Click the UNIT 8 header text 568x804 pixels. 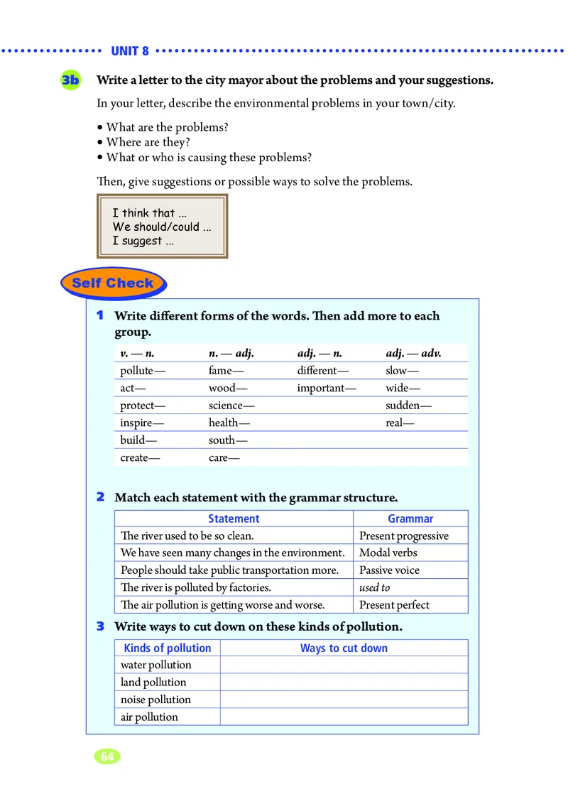click(130, 51)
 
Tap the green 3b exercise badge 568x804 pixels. click(71, 80)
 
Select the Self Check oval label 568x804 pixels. click(113, 283)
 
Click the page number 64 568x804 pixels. click(107, 756)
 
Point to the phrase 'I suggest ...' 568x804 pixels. click(143, 241)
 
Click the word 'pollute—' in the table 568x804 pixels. click(143, 371)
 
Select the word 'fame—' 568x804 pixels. click(226, 371)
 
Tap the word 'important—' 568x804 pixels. click(327, 388)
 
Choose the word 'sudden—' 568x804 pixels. click(408, 406)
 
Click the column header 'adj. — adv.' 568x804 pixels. click(413, 353)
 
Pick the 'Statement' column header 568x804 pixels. click(234, 519)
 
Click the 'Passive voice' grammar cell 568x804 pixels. click(389, 570)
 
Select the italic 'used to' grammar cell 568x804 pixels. click(375, 587)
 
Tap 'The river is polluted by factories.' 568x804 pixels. click(196, 587)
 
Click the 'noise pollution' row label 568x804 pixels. click(155, 700)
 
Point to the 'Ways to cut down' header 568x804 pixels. click(344, 648)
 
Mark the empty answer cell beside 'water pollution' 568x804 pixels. click(344, 665)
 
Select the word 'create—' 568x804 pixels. click(140, 457)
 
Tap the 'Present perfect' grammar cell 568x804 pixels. click(394, 605)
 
